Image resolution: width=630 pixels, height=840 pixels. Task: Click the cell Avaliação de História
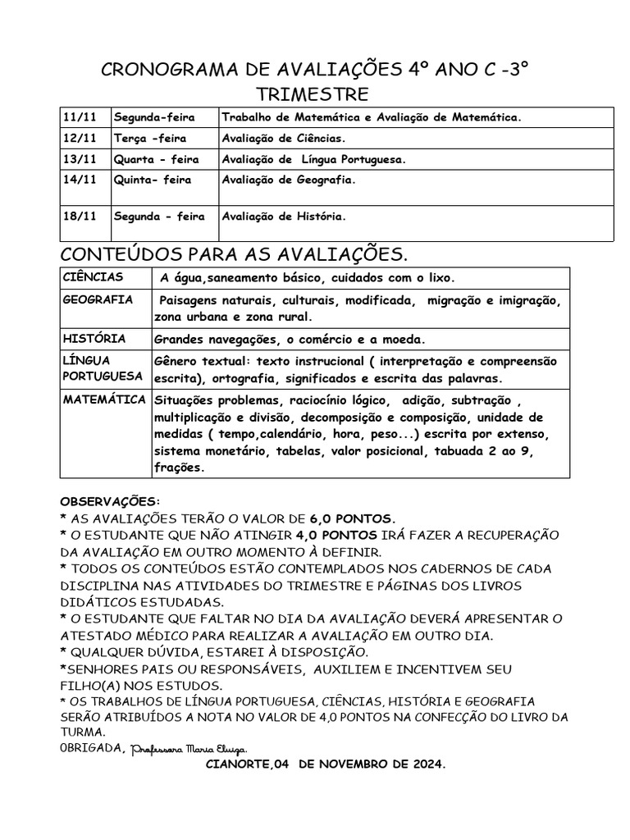284,217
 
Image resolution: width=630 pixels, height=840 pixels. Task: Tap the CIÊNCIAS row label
93,277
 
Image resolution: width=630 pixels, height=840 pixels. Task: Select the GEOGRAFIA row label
98,300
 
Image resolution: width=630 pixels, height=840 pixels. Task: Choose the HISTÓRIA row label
94,338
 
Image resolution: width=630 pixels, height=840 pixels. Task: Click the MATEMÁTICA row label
105,399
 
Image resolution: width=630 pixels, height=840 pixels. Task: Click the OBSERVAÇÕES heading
112,500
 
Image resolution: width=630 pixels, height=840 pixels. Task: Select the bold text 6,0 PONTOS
353,518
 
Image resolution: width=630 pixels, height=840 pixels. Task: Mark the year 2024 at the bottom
422,764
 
